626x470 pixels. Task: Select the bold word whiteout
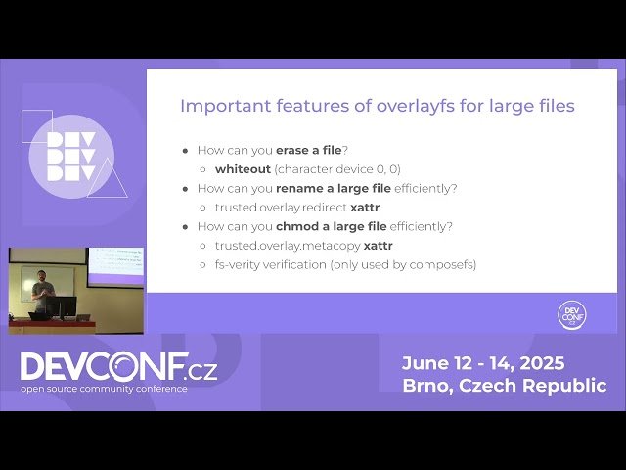[x=243, y=169]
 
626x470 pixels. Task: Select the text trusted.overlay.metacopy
[x=288, y=246]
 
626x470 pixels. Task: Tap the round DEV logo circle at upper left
[x=72, y=157]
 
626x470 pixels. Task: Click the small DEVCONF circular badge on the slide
[x=571, y=314]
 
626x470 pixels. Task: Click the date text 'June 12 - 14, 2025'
[x=483, y=363]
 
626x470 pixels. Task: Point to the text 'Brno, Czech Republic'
[x=504, y=386]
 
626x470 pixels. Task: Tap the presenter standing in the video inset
[x=41, y=291]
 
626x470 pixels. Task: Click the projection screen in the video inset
[x=115, y=263]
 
